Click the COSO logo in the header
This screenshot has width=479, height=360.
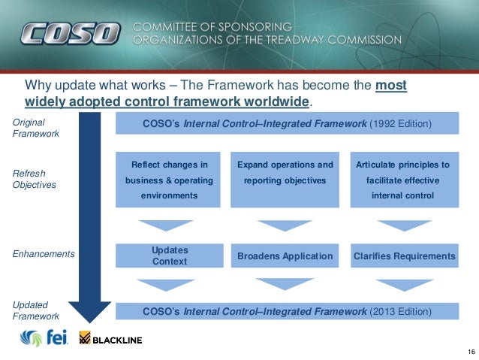point(69,33)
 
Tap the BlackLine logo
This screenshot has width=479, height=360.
point(110,340)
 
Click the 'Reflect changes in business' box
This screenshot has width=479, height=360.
point(169,180)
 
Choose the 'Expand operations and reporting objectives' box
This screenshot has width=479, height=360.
point(285,180)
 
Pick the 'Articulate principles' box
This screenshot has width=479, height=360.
point(404,180)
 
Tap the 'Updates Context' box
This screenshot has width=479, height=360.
point(170,256)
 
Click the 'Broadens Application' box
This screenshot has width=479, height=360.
point(285,256)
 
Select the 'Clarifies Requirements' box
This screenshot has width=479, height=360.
point(404,256)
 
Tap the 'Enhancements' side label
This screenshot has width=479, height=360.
point(44,254)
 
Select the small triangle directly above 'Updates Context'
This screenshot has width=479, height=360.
point(166,225)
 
